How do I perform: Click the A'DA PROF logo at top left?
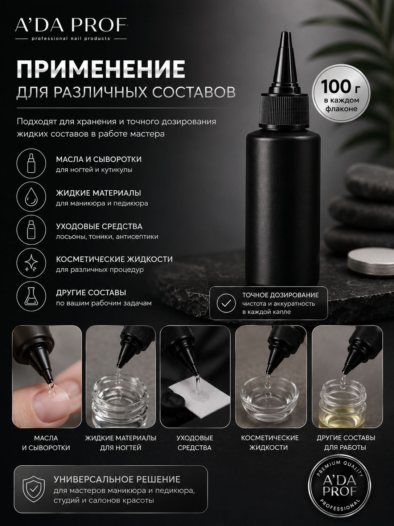[71, 29]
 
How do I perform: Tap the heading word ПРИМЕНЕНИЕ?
[101, 69]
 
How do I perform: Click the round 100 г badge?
[341, 95]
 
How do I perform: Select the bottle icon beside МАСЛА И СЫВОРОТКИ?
[31, 163]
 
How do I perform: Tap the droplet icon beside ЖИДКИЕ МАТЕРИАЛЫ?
[31, 197]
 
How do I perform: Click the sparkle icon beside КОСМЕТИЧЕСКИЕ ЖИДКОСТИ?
[31, 263]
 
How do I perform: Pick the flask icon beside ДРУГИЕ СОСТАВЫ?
[31, 296]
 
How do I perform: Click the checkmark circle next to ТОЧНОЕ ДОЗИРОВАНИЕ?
[226, 303]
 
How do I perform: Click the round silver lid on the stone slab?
[370, 262]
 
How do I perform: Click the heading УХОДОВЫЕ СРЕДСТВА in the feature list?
[99, 226]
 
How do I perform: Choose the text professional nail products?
[71, 39]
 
